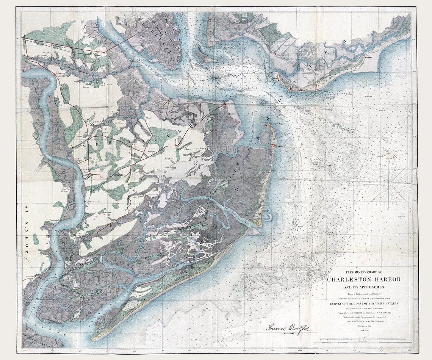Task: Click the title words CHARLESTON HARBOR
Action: [364, 279]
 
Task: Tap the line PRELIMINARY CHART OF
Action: [364, 272]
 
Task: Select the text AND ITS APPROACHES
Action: [364, 287]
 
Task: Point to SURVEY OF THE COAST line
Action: [364, 304]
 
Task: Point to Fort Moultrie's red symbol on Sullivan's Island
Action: [291, 89]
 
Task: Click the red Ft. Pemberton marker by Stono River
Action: [55, 75]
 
